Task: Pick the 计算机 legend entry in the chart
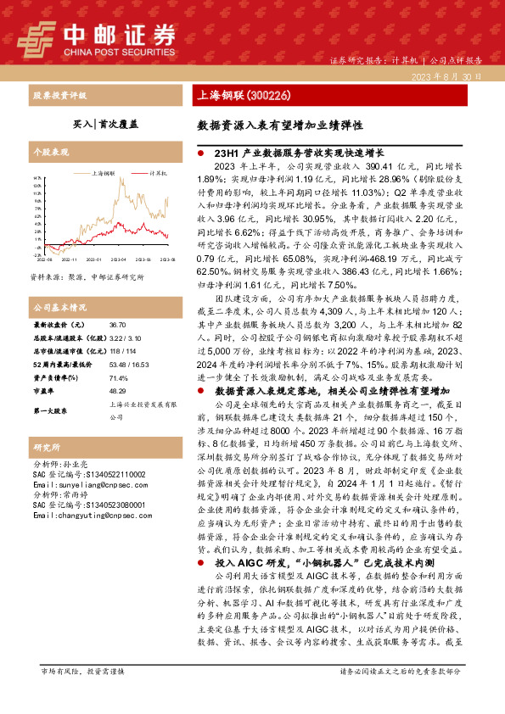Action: [x=157, y=171]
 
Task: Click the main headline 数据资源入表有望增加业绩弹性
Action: [x=280, y=124]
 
